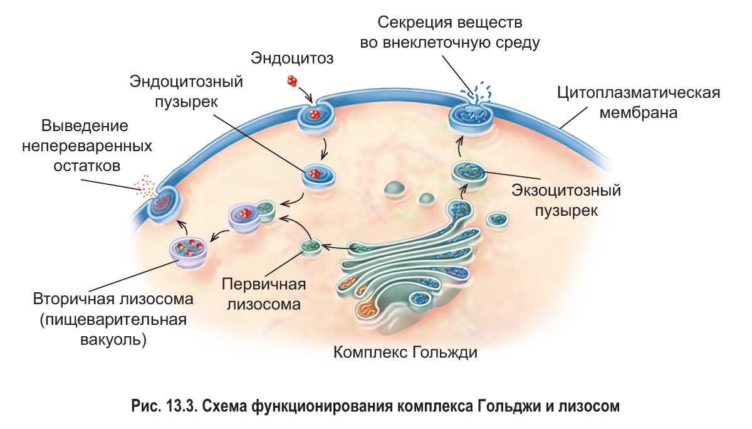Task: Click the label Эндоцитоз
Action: [x=292, y=58]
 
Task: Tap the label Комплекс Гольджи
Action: [x=405, y=351]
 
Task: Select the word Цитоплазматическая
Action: [x=639, y=93]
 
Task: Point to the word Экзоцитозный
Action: [x=566, y=189]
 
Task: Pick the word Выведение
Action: [x=85, y=125]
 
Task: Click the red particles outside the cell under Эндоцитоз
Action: [x=292, y=80]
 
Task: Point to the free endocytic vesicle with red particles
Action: [x=316, y=174]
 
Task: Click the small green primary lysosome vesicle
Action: [x=310, y=246]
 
